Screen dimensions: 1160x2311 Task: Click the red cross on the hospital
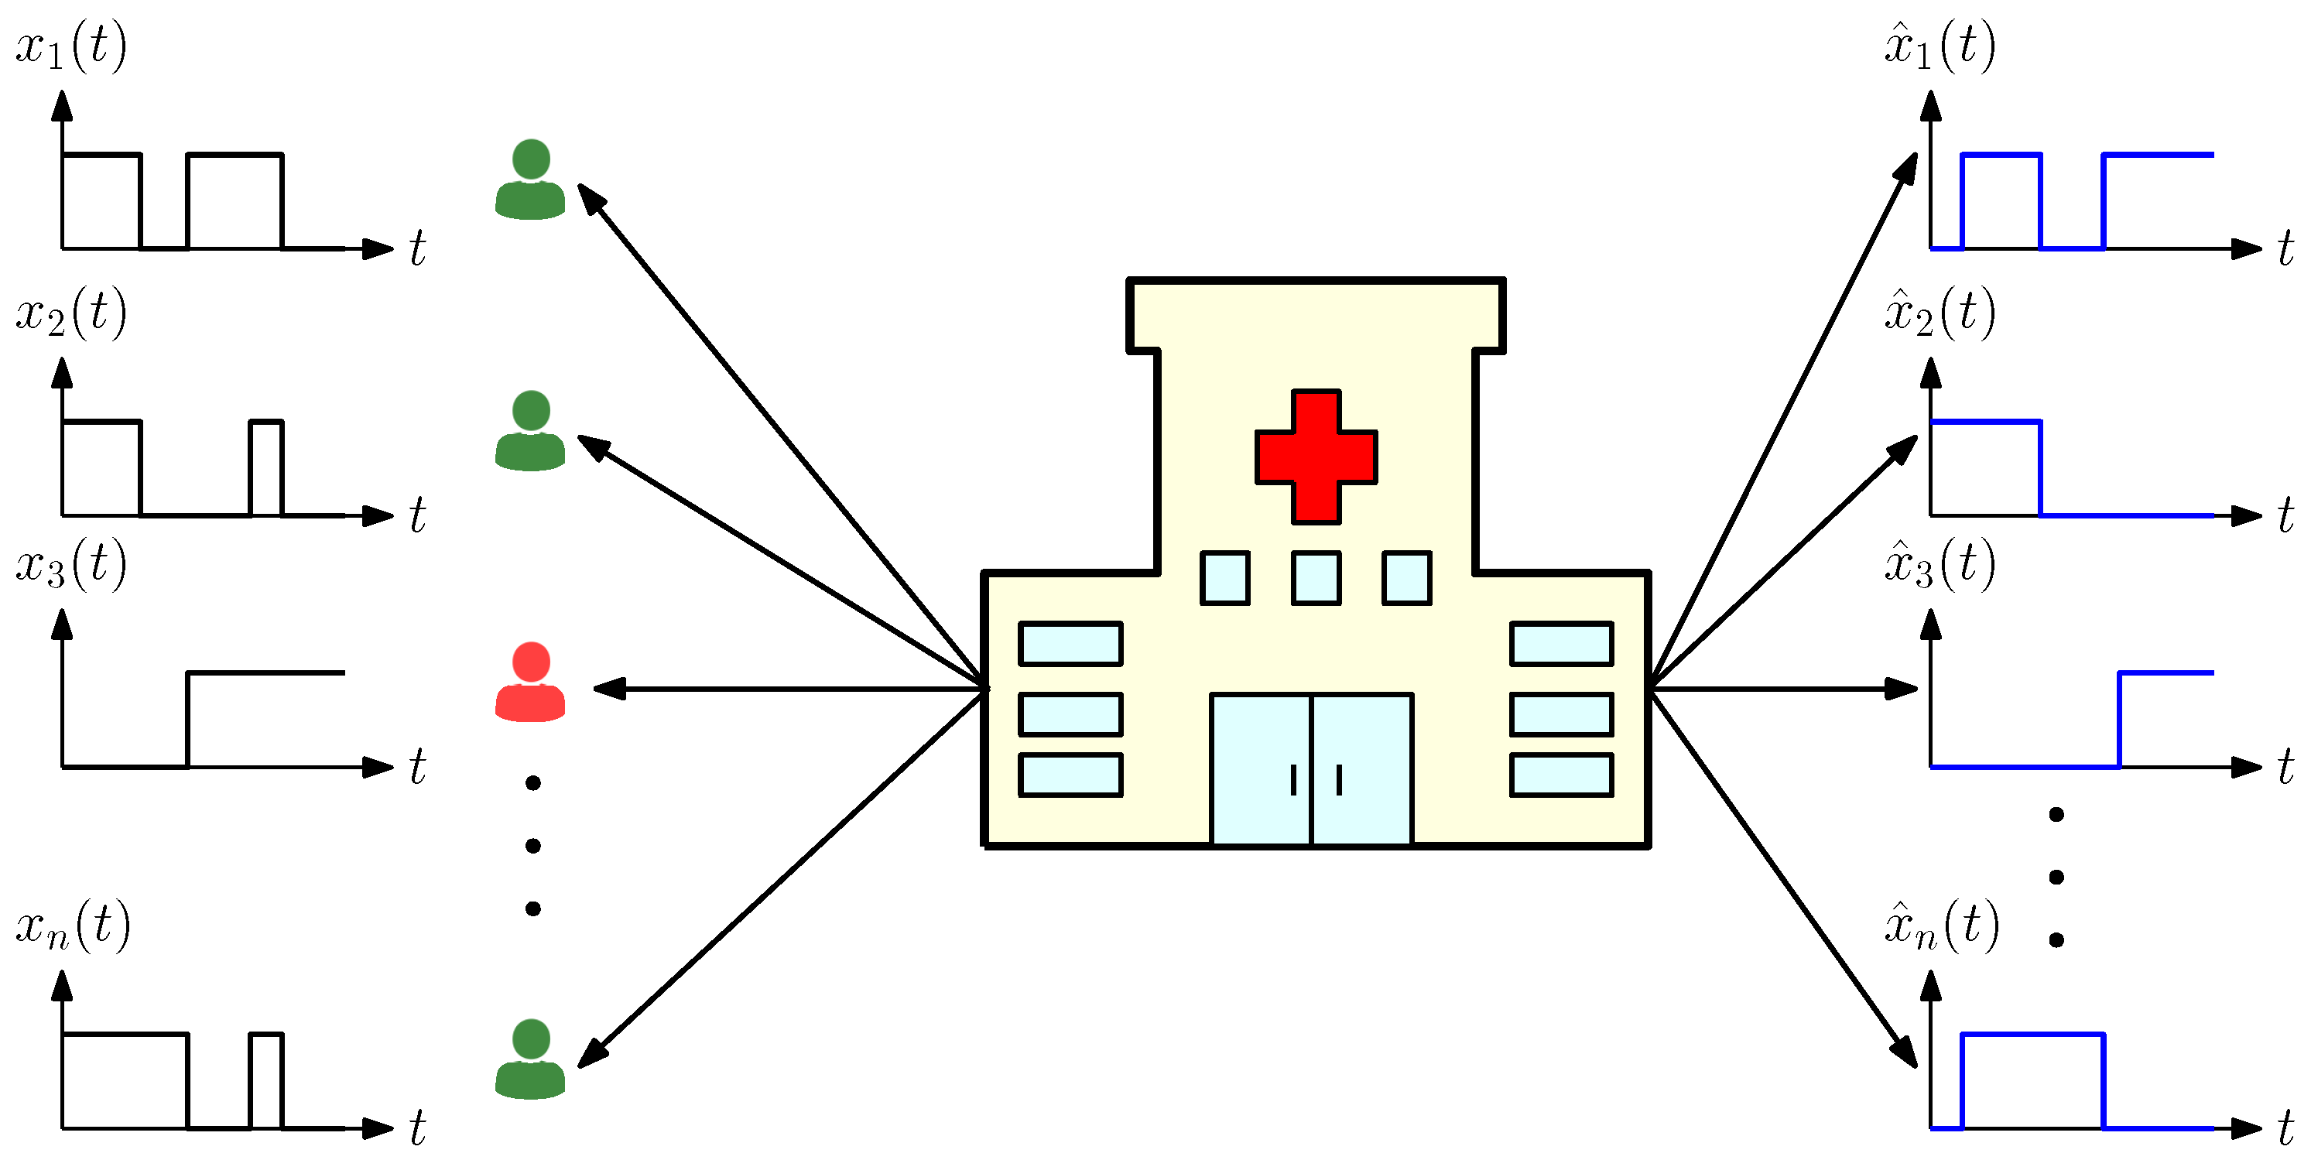pyautogui.click(x=1315, y=457)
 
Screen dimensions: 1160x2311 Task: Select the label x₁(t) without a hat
pyautogui.click(x=72, y=45)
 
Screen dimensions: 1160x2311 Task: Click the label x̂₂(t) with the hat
pyautogui.click(x=1940, y=312)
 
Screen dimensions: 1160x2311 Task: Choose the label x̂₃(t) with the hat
pyautogui.click(x=1940, y=563)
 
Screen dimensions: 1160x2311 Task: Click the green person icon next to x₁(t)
pyautogui.click(x=530, y=180)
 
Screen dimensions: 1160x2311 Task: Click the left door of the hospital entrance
pyautogui.click(x=1261, y=769)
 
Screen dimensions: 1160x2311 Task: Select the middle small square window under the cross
pyautogui.click(x=1316, y=578)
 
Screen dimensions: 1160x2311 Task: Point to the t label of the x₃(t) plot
pyautogui.click(x=417, y=767)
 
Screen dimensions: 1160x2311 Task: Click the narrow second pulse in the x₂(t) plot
pyautogui.click(x=266, y=467)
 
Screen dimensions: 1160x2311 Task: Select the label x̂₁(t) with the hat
pyautogui.click(x=1940, y=45)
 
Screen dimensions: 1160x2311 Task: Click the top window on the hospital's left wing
pyautogui.click(x=1070, y=643)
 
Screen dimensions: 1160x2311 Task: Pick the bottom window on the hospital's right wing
pyautogui.click(x=1561, y=775)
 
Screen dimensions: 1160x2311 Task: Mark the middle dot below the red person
pyautogui.click(x=533, y=845)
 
